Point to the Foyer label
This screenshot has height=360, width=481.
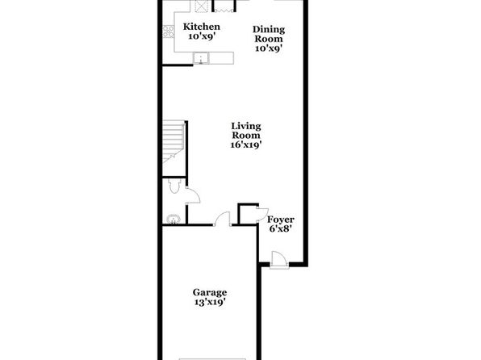click(x=280, y=220)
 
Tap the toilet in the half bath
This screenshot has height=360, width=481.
click(x=174, y=186)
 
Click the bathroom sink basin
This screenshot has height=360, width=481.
click(x=174, y=219)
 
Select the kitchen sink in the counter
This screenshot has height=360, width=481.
click(x=201, y=58)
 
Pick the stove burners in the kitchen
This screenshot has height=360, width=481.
click(x=168, y=31)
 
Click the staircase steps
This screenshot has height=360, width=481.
click(x=174, y=141)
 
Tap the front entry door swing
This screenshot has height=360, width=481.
click(x=279, y=260)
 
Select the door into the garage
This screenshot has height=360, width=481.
click(x=222, y=219)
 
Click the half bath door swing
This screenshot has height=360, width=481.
click(x=193, y=196)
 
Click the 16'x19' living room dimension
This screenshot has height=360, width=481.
click(x=246, y=144)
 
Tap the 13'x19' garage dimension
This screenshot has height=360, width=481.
click(x=210, y=302)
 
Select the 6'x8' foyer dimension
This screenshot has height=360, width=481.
click(x=280, y=228)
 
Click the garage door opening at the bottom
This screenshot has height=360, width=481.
click(x=212, y=359)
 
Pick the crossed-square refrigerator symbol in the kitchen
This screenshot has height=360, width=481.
click(x=201, y=6)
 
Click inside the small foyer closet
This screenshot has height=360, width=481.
click(x=248, y=214)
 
